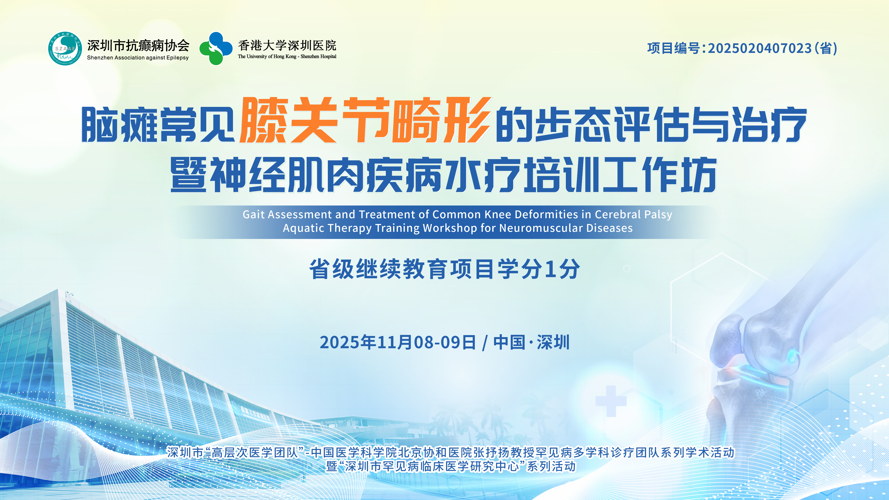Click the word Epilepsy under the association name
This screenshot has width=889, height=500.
(x=177, y=58)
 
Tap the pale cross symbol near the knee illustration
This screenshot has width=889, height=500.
(x=611, y=401)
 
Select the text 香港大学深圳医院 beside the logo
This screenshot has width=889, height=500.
(x=287, y=45)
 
